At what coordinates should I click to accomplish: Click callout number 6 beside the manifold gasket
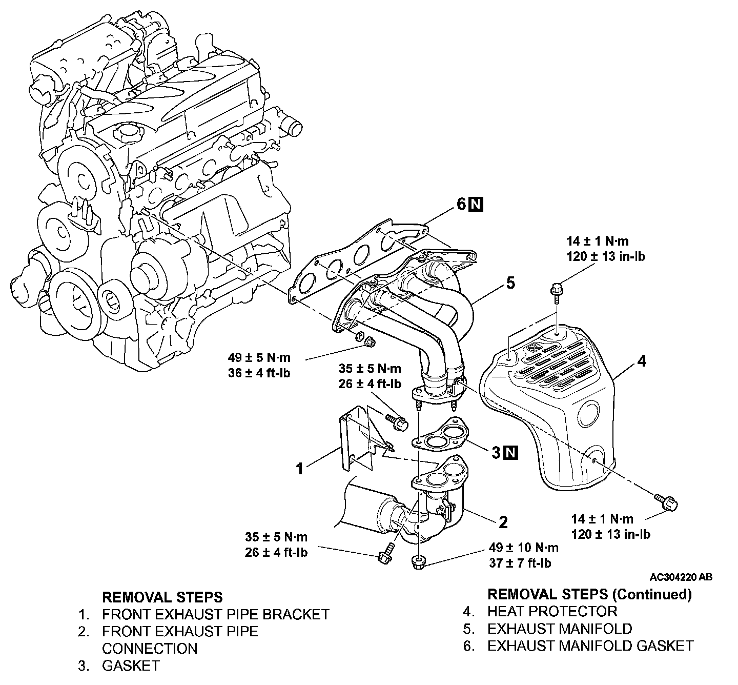(461, 205)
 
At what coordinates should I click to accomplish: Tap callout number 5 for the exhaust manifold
(510, 283)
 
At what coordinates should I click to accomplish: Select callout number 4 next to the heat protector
(641, 361)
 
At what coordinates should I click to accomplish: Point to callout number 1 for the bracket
(301, 468)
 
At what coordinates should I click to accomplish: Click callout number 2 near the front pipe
(503, 522)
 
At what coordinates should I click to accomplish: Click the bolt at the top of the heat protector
(557, 290)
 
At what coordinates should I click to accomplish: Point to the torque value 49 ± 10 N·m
(524, 548)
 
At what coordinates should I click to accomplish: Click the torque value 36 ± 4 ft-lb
(259, 373)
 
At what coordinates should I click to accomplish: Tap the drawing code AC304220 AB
(681, 577)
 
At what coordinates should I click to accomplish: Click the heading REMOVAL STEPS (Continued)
(589, 594)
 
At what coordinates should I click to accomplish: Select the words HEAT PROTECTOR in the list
(552, 611)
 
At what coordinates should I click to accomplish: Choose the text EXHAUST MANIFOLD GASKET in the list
(590, 646)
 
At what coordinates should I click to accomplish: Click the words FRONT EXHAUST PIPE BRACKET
(215, 614)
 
